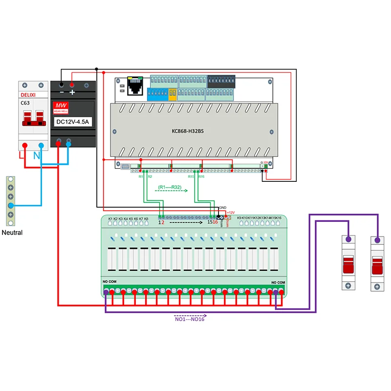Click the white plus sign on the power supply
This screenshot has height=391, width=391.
[72, 92]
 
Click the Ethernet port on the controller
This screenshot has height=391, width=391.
[134, 87]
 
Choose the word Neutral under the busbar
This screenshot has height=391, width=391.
[12, 233]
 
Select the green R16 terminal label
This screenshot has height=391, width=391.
[201, 176]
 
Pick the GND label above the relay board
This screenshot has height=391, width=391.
[223, 207]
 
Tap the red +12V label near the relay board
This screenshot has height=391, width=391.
[231, 212]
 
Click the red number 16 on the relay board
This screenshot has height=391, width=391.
[215, 222]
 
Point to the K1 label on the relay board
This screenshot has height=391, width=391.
[110, 218]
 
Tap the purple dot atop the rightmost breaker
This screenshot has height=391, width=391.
[376, 240]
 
